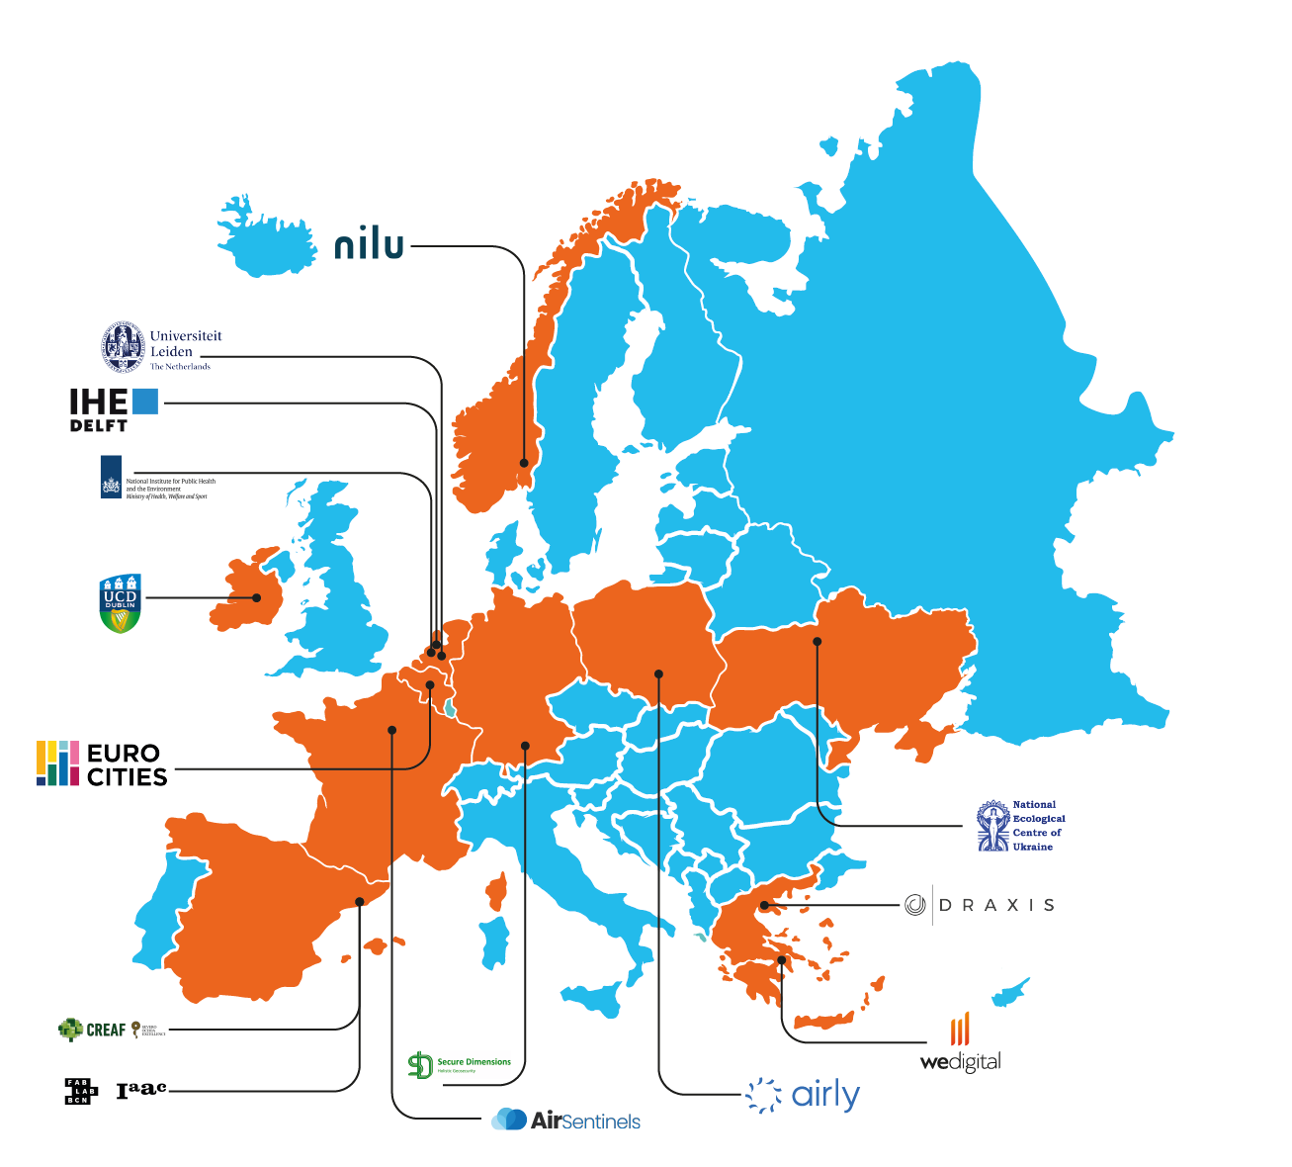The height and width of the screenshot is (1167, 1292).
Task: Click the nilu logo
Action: [370, 244]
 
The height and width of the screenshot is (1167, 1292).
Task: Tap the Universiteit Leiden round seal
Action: [123, 346]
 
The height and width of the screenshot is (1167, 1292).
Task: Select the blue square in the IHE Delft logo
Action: [145, 401]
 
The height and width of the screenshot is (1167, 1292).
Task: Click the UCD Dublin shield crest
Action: [121, 603]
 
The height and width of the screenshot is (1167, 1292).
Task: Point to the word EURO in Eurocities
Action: [123, 754]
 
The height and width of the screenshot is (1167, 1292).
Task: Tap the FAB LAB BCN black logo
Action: [80, 1091]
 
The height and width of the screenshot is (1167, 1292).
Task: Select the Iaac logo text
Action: [141, 1090]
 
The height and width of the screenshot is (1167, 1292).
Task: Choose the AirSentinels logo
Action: [566, 1120]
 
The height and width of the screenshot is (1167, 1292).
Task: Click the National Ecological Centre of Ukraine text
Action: [1038, 826]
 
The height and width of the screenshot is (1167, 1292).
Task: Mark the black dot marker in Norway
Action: [525, 462]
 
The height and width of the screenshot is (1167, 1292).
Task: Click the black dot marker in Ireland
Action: [257, 597]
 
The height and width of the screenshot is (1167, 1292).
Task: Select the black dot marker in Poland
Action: [658, 673]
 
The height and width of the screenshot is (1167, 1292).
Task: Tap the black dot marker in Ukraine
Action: [818, 642]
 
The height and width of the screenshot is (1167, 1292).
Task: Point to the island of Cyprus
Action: [1010, 992]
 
